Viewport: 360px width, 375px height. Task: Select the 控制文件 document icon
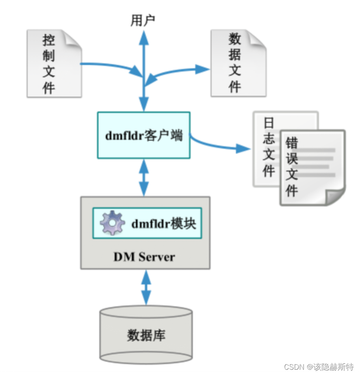(54, 64)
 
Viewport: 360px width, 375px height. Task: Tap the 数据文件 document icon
(238, 64)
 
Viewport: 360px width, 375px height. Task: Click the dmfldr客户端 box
(144, 135)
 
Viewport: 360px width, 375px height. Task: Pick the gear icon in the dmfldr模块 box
(112, 223)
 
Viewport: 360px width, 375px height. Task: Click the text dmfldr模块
(163, 223)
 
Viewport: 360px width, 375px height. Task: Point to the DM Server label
(144, 256)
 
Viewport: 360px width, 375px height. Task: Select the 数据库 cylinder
(146, 335)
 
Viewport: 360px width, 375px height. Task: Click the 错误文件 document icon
(312, 167)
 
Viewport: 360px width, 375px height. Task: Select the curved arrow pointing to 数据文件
(179, 71)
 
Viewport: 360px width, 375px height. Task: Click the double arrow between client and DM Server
(144, 177)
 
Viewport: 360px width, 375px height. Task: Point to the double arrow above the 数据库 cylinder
(145, 288)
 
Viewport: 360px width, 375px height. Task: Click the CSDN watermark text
(319, 367)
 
